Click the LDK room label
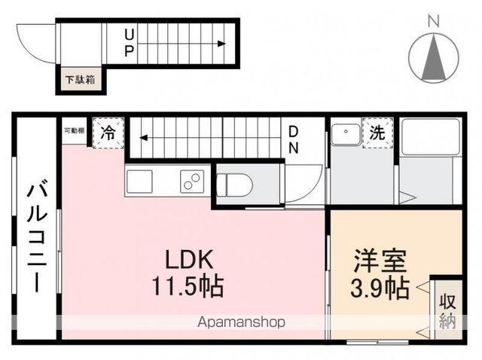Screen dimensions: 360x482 pos(191,260)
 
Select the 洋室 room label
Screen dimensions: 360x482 pos(380,261)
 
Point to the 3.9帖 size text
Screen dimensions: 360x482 pos(380,287)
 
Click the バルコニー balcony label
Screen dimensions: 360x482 pos(35,237)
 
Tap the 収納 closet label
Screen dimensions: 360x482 pos(448,310)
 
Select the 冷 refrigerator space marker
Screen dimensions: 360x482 pos(108,134)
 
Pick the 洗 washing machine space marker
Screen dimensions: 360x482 pos(376,133)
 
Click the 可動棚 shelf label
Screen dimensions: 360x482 pos(74,131)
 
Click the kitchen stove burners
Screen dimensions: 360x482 pos(191,182)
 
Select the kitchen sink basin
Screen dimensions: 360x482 pos(139,182)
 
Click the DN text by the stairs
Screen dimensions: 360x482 pos(293,139)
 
